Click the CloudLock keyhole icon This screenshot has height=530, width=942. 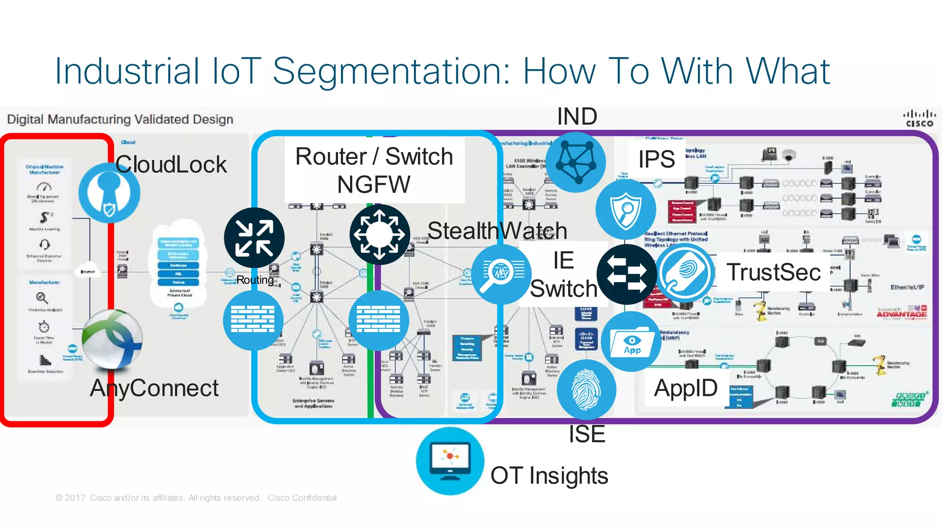point(109,192)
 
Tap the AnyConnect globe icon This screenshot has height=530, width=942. point(112,340)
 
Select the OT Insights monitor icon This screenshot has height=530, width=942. point(450,461)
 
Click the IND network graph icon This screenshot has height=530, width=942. point(575,162)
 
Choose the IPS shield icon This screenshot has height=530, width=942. point(626,210)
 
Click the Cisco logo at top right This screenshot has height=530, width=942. point(919,118)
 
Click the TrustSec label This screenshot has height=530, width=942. point(774,272)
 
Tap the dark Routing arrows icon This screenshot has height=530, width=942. point(254,238)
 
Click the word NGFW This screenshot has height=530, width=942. point(373,185)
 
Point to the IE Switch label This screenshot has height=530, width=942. point(563,275)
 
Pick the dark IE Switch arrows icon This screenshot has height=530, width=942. point(626,274)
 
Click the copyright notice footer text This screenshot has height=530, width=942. point(196,498)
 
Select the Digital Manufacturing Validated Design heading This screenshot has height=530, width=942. point(120,119)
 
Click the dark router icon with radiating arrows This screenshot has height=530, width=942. point(379,234)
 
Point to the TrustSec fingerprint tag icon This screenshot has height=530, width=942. point(685,273)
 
